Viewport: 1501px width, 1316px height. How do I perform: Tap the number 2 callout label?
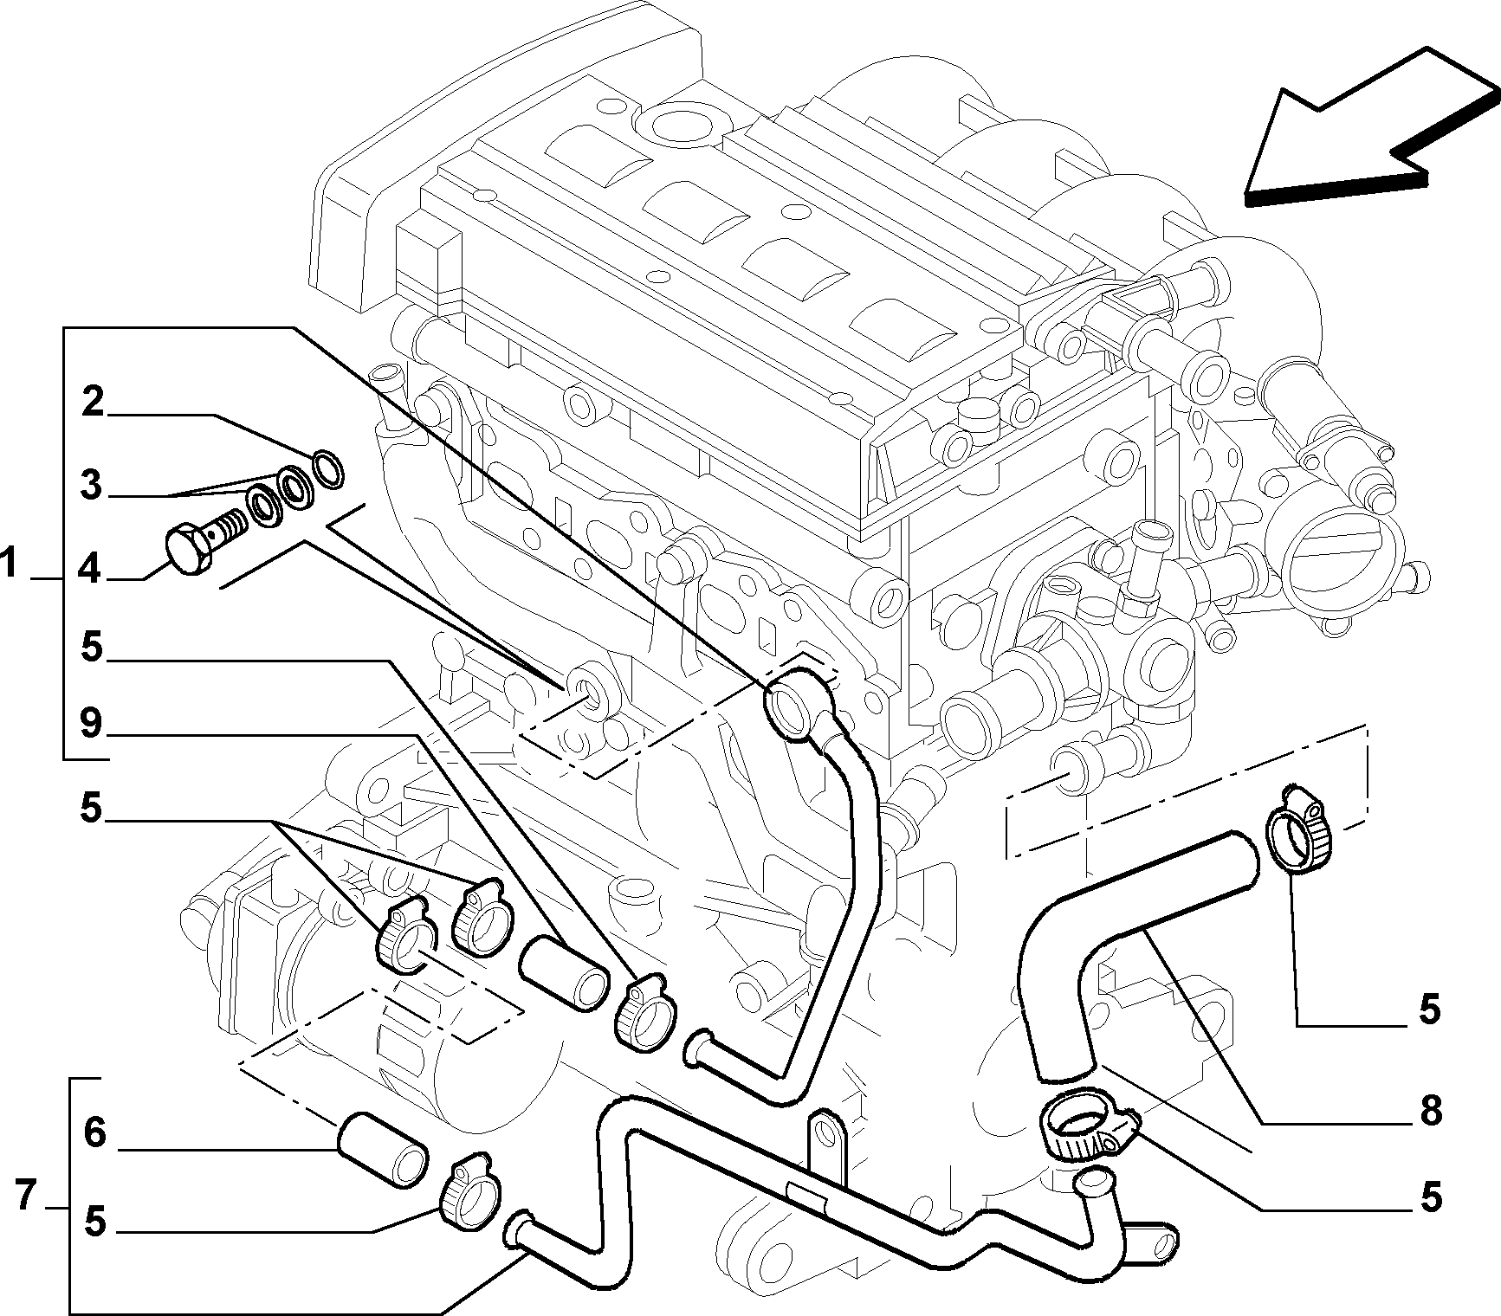click(94, 404)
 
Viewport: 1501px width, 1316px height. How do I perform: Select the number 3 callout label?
click(92, 487)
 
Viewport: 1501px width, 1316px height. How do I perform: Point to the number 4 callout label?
click(92, 571)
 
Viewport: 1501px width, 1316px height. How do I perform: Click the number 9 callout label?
click(92, 725)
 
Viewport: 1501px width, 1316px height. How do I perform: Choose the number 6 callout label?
click(95, 1132)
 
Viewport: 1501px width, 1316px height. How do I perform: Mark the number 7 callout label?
click(25, 1197)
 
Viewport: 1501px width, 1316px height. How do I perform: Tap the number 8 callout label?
click(1430, 1111)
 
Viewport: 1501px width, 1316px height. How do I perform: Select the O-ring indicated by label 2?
click(327, 468)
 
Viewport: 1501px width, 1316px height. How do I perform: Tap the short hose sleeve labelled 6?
click(382, 1151)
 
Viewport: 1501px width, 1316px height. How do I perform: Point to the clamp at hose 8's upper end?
click(1296, 832)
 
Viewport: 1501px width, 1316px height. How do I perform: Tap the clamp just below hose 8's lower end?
click(1087, 1131)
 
